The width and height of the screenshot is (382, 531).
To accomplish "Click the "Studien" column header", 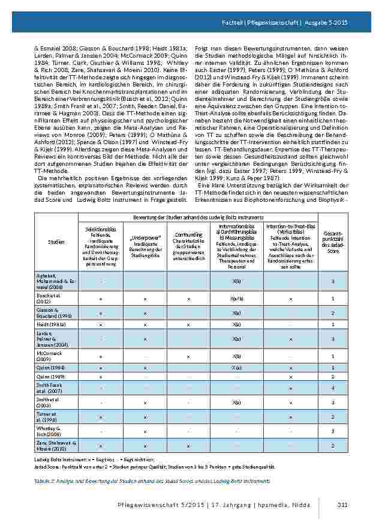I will coord(56,241).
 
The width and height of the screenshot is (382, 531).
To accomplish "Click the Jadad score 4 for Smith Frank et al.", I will coord(333,388).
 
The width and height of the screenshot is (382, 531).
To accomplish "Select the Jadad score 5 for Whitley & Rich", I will coord(333,431).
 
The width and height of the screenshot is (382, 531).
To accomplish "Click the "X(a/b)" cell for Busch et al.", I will coord(237,299).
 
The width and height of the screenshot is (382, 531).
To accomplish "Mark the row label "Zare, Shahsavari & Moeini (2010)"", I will coord(55,445).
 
